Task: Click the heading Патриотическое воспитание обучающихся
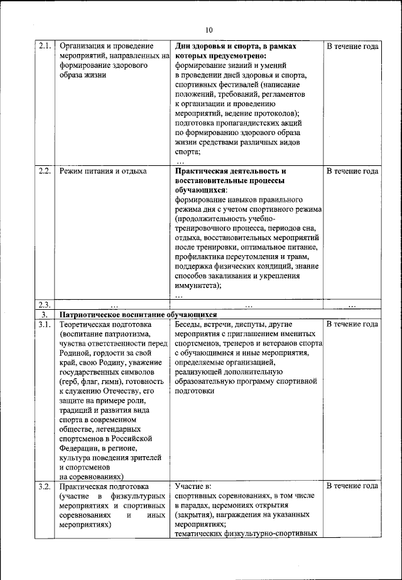[138, 314]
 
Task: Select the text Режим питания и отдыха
[103, 171]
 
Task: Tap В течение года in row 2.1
[352, 47]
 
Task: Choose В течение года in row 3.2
[352, 486]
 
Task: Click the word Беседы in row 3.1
[190, 324]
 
